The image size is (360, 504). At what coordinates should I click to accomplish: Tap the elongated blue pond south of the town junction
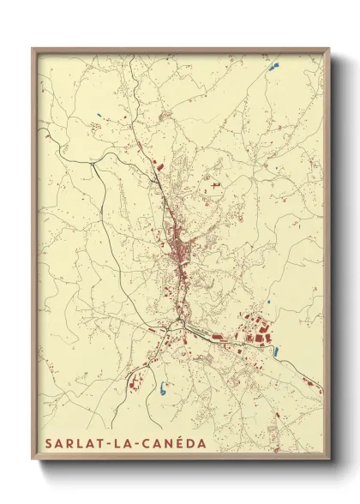click(162, 387)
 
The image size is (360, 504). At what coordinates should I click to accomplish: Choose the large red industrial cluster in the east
click(256, 330)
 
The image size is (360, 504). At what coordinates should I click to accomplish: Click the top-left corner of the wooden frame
click(33, 48)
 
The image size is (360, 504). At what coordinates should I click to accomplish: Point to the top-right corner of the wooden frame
click(327, 48)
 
